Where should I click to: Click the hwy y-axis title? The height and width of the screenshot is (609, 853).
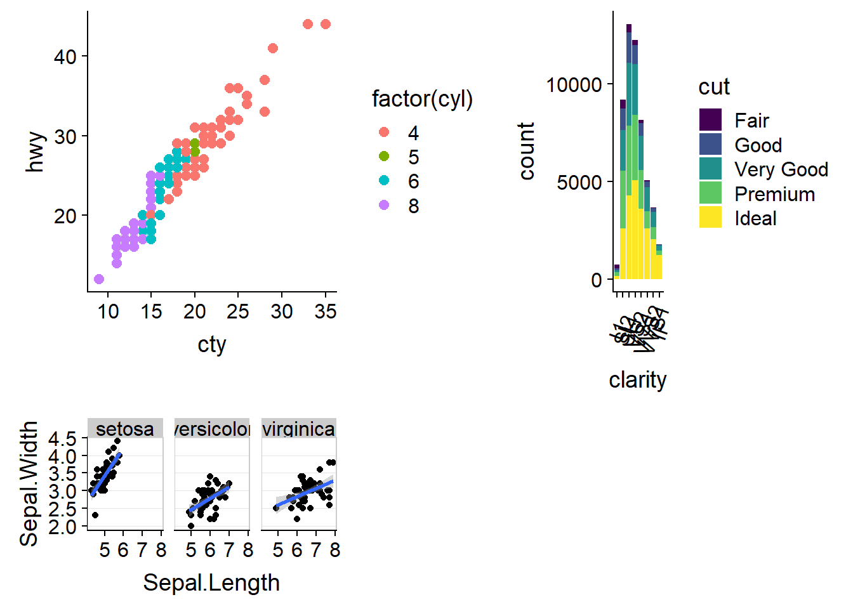click(x=36, y=152)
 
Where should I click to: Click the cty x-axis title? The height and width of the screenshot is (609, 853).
click(x=211, y=344)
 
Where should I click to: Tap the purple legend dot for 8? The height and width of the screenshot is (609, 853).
click(x=384, y=205)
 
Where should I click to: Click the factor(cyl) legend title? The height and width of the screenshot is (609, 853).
click(x=422, y=99)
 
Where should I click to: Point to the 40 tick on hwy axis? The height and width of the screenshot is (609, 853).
click(x=65, y=56)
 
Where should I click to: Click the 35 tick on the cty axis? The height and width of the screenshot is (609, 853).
click(x=325, y=311)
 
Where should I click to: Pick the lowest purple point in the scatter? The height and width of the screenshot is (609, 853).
click(x=99, y=279)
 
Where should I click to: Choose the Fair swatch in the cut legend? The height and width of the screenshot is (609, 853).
click(x=710, y=120)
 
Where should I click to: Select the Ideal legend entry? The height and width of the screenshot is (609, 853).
click(x=755, y=218)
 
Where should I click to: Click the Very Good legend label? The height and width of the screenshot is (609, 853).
click(x=781, y=169)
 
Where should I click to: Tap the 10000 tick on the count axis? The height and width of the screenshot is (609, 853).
click(x=574, y=84)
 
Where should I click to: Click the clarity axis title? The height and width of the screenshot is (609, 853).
click(x=637, y=380)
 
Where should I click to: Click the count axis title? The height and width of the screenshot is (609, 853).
click(x=527, y=151)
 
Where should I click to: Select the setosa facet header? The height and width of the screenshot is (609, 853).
click(x=125, y=429)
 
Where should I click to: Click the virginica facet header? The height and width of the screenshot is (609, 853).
click(x=298, y=429)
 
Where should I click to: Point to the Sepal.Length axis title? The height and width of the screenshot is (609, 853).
click(x=211, y=582)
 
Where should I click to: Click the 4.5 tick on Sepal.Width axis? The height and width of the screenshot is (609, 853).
click(x=62, y=439)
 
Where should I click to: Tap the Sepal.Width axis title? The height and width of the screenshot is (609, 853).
click(x=29, y=483)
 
